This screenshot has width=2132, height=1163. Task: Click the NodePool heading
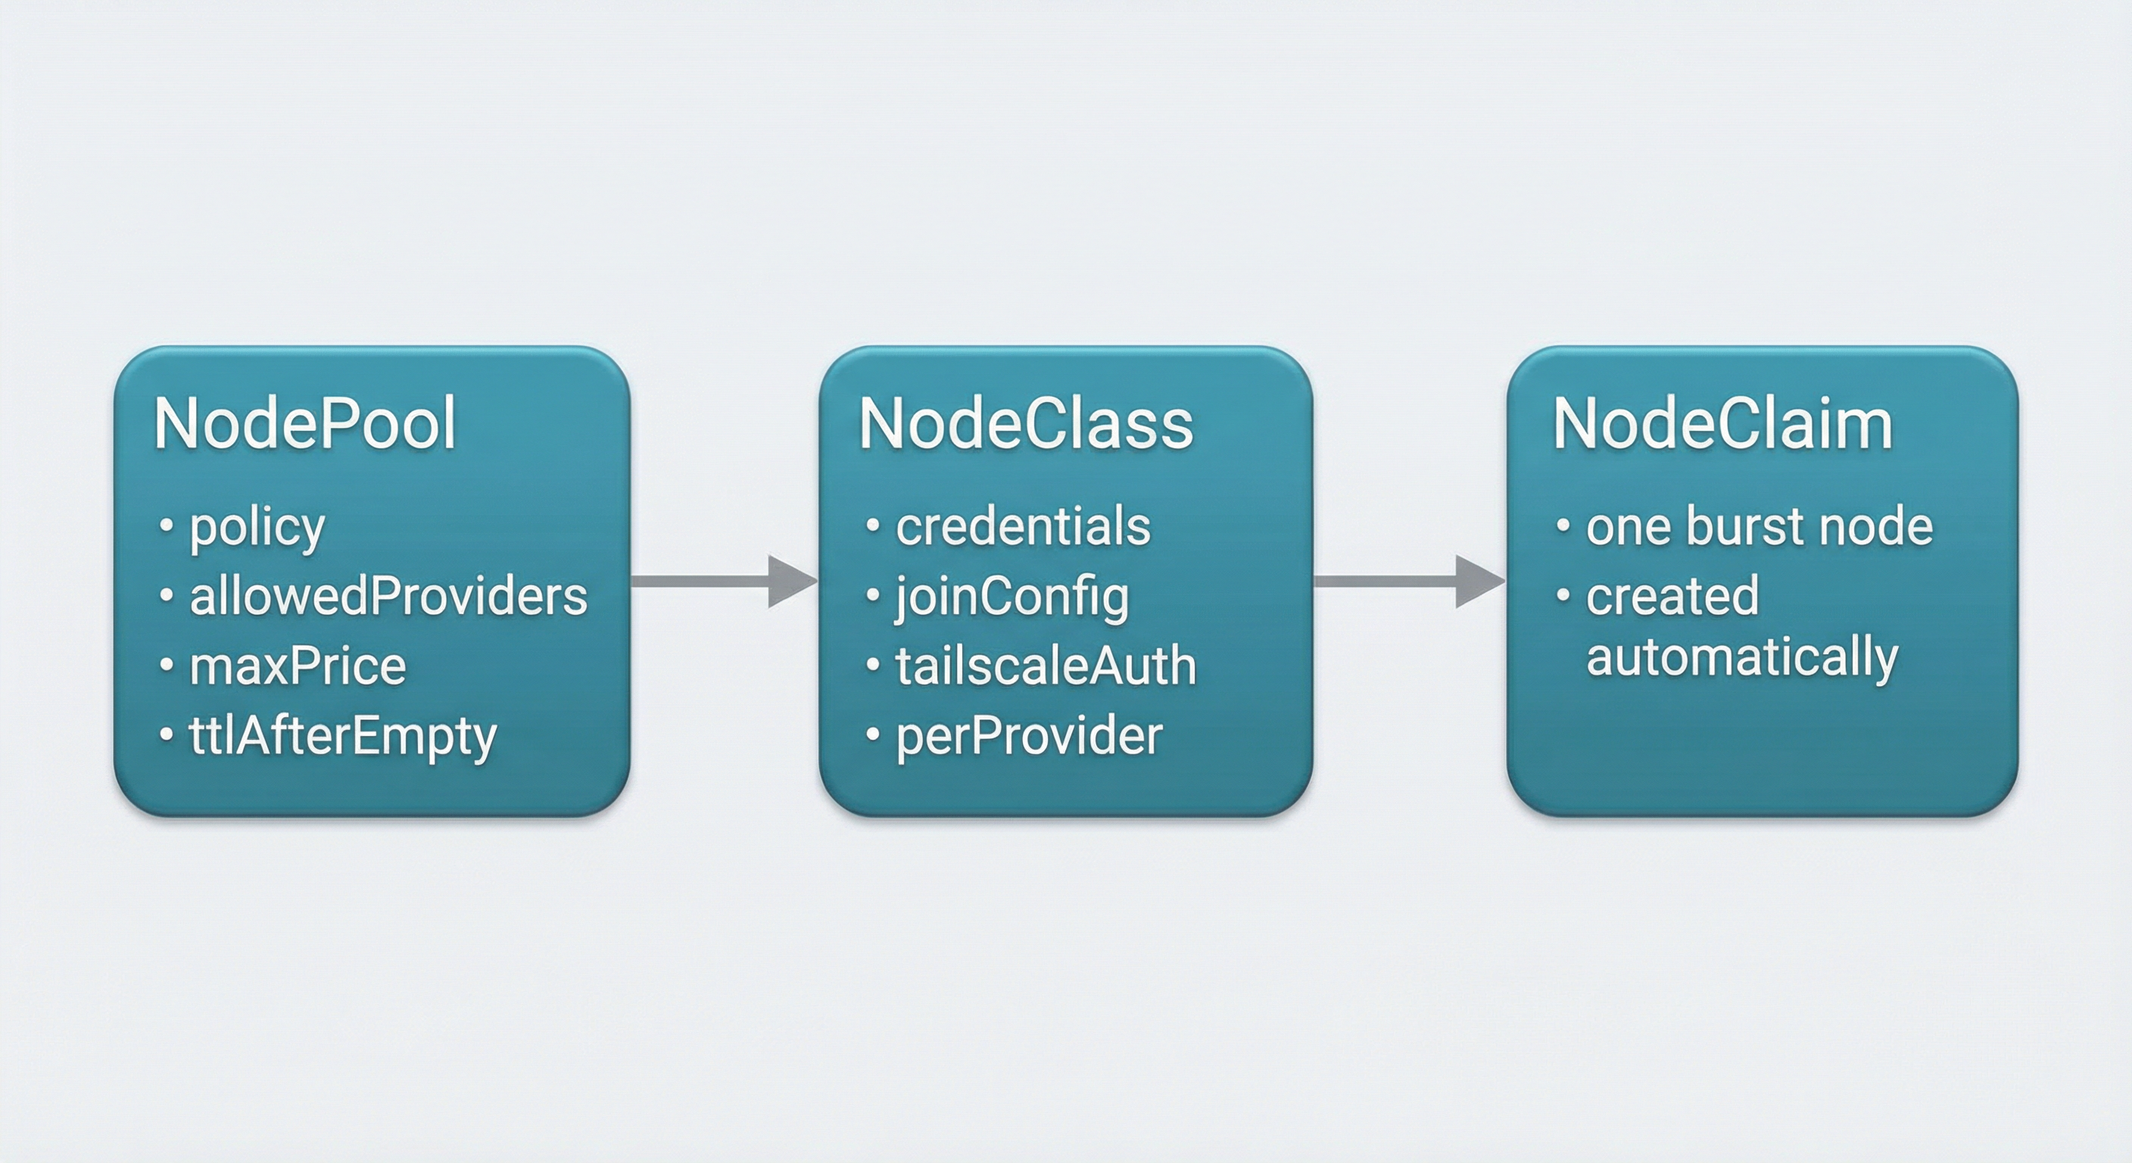[304, 424]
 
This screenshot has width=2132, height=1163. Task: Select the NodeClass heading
[1025, 424]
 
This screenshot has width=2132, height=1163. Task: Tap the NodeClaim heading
[1722, 424]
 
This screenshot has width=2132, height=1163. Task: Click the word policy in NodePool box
[257, 528]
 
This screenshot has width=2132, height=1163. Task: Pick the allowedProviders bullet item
[388, 596]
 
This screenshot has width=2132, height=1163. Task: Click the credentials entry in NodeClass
[1023, 526]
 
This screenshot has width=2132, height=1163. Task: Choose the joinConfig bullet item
[1012, 597]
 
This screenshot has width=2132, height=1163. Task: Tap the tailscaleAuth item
[1046, 666]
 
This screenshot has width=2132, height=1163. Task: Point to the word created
[1672, 596]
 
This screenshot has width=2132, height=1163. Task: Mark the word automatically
[1742, 659]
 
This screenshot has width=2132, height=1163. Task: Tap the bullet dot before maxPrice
[167, 664]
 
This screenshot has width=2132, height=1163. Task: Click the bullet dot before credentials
[872, 525]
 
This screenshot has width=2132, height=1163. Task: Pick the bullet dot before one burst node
[1563, 525]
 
